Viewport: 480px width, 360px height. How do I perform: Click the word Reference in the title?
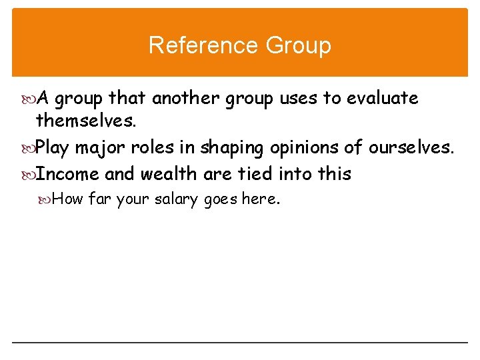pos(203,45)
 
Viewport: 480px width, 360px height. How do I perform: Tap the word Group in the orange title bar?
pos(298,45)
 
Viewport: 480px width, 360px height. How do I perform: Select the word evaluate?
pos(381,99)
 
